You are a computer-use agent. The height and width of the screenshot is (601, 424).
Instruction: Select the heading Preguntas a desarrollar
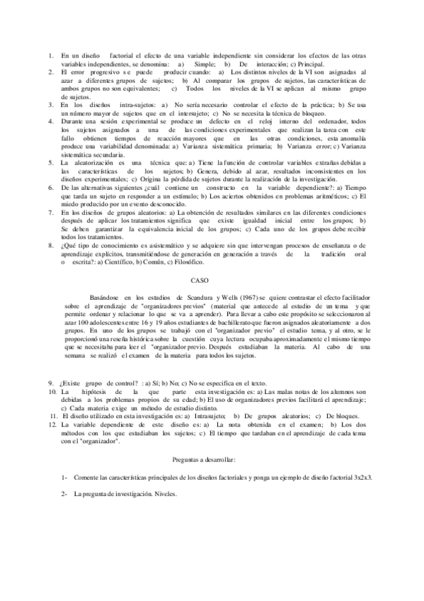[212, 460]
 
